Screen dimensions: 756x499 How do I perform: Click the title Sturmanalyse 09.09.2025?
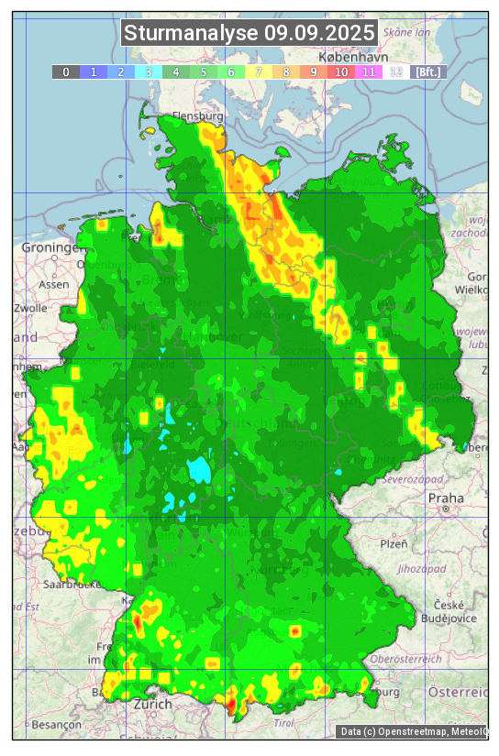tap(249, 34)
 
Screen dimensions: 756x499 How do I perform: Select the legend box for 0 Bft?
tap(66, 71)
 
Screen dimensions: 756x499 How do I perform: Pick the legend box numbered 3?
tap(149, 71)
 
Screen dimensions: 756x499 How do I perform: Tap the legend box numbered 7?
tap(259, 71)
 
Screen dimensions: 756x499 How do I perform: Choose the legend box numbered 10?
tap(341, 71)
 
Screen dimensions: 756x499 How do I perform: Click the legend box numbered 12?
tap(396, 71)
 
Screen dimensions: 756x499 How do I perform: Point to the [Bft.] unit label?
tap(427, 71)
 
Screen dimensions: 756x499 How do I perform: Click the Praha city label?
tap(446, 499)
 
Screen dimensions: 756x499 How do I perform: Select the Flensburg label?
tap(198, 117)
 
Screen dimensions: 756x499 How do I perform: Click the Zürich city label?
tap(152, 704)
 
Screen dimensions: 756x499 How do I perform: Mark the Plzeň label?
tap(393, 544)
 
